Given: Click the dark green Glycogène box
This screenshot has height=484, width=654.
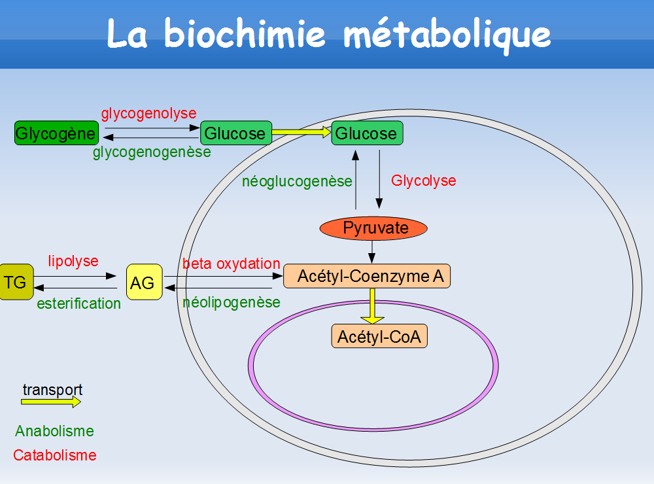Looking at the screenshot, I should (56, 133).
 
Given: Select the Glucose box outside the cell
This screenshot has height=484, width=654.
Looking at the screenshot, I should (235, 133).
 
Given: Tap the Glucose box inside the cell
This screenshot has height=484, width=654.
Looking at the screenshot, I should (367, 133).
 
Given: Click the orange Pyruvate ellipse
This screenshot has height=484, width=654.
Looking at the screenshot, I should (373, 228).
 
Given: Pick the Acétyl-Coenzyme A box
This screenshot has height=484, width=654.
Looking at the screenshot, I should (367, 276).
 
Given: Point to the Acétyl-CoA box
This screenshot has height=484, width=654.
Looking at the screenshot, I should (379, 337).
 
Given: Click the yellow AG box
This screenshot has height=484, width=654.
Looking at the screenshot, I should (143, 283).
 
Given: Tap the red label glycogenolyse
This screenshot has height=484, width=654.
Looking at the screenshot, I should (148, 113).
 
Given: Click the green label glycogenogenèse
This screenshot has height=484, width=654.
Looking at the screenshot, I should (152, 152).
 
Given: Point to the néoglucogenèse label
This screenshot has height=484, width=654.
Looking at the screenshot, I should (297, 182).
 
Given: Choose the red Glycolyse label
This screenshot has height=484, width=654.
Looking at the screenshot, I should (424, 181).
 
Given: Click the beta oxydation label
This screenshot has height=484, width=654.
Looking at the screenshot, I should (232, 264).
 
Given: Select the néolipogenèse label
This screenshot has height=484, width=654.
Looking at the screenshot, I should (232, 302).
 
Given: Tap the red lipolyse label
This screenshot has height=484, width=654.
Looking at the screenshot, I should (73, 261).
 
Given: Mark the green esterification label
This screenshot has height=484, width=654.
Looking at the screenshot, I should (78, 303).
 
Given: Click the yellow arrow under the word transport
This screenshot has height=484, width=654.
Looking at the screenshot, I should (51, 402).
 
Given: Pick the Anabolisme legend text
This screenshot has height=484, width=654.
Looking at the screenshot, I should (54, 432).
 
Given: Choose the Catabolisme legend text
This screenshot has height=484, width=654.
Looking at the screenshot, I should (54, 455).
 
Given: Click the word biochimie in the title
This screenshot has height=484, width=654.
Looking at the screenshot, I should (245, 33).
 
